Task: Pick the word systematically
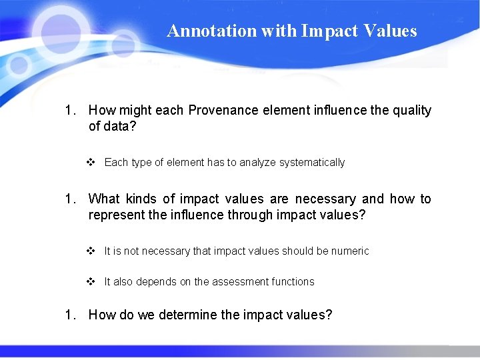pyautogui.click(x=312, y=163)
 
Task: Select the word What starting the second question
pyautogui.click(x=104, y=199)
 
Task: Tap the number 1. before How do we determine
pyautogui.click(x=71, y=315)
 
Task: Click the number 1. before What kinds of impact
pyautogui.click(x=71, y=199)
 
